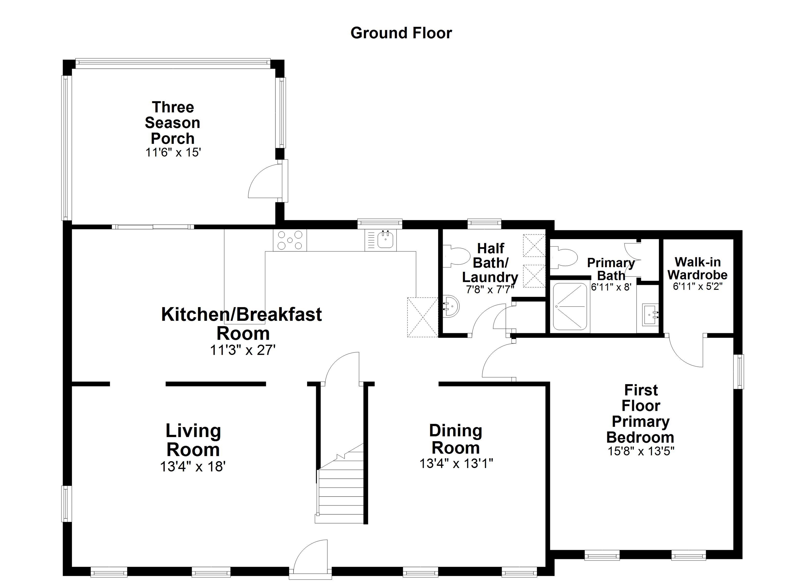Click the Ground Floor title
coord(401,33)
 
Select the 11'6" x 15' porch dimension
coord(173,153)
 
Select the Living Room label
coord(193,440)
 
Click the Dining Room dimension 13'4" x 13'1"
coord(456,463)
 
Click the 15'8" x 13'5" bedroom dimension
coord(641,451)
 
